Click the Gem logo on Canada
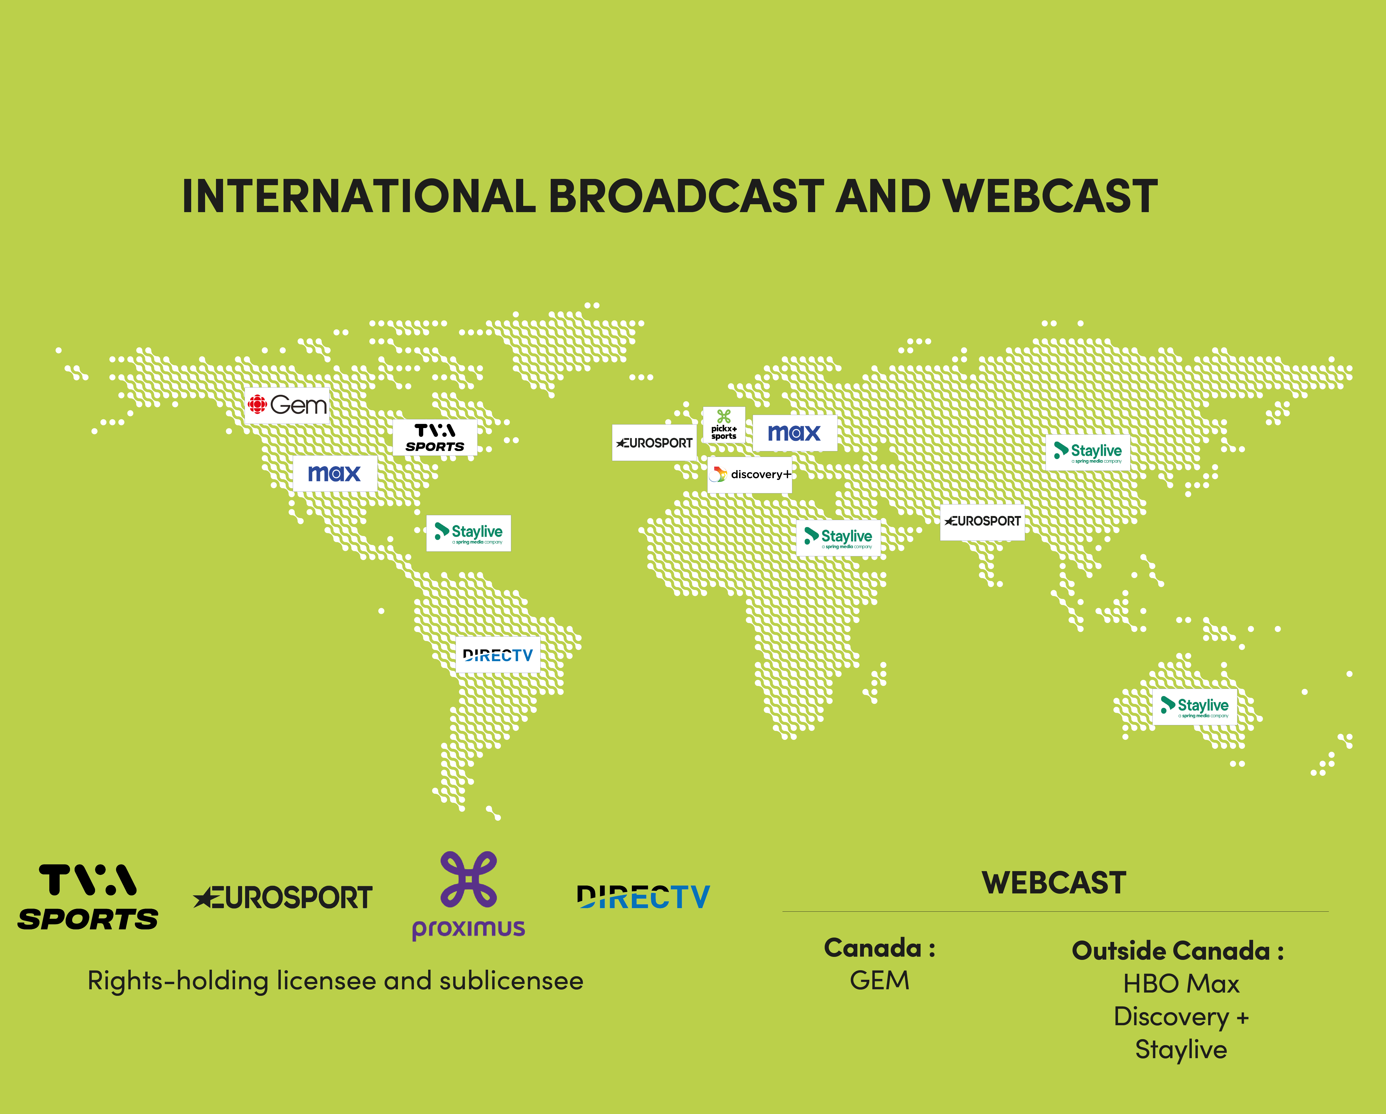287,405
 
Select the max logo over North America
335,474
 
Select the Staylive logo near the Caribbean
469,533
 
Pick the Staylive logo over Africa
838,538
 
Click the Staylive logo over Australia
1195,707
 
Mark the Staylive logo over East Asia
1088,452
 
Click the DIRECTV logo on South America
498,655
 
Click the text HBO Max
1181,984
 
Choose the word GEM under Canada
879,980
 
